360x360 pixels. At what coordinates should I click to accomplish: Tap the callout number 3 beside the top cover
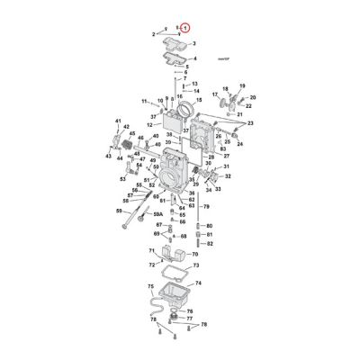click(193, 43)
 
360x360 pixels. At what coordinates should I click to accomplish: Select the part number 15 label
click(198, 100)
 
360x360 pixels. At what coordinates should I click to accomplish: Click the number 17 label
click(215, 94)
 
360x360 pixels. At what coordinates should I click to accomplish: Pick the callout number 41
click(117, 120)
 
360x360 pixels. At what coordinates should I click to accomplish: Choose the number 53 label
click(123, 178)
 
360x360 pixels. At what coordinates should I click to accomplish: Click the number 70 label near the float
click(194, 256)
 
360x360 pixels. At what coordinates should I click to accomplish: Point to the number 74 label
click(198, 282)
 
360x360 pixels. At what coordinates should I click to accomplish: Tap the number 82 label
click(209, 243)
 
